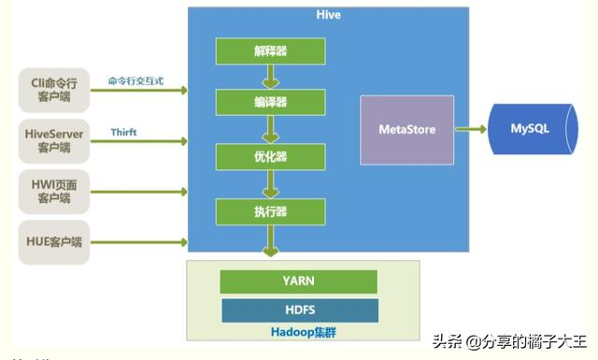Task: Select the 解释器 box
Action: click(x=269, y=49)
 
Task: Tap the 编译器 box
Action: click(x=269, y=102)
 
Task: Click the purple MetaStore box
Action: click(x=406, y=130)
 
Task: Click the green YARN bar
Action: click(x=298, y=281)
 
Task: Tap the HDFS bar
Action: click(x=300, y=310)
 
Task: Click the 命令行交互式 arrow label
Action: click(x=135, y=81)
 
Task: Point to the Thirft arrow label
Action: click(x=124, y=133)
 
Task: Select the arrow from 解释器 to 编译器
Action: click(x=269, y=76)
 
